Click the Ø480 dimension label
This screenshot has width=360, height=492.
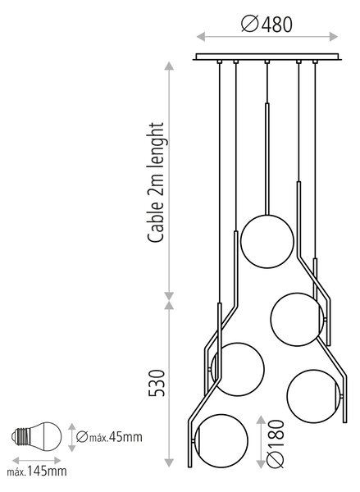pyautogui.click(x=267, y=24)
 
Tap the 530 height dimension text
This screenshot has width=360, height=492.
pyautogui.click(x=157, y=383)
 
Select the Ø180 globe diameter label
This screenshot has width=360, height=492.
pyautogui.click(x=276, y=444)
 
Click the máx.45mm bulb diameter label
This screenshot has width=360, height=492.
pyautogui.click(x=109, y=437)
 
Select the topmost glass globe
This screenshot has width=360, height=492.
pyautogui.click(x=267, y=241)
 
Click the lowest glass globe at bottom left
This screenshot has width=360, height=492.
pyautogui.click(x=221, y=441)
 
